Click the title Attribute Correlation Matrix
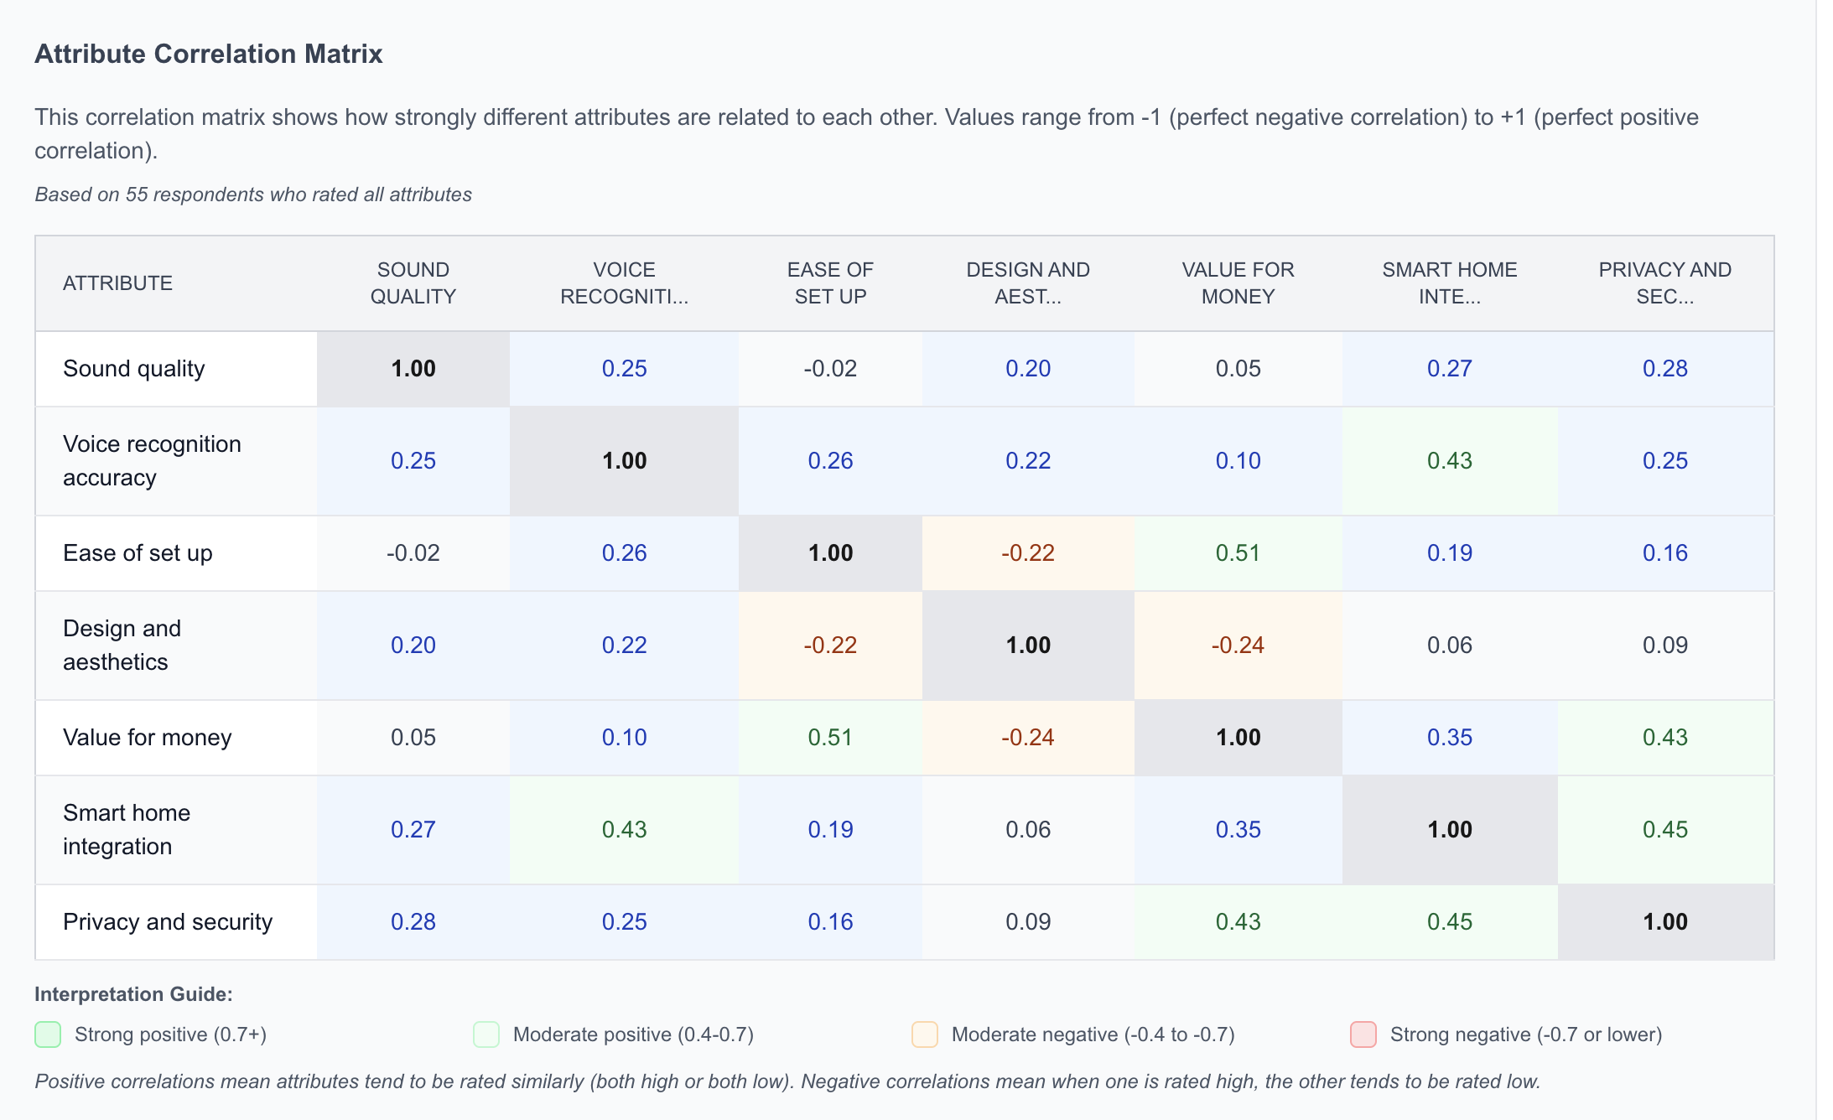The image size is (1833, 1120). (208, 54)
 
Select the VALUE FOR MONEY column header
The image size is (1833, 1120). (1238, 283)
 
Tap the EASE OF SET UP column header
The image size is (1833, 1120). (830, 283)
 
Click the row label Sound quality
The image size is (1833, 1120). (134, 369)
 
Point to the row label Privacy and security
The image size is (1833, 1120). (168, 922)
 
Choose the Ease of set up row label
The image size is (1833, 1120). (138, 553)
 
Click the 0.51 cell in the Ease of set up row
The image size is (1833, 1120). (1238, 553)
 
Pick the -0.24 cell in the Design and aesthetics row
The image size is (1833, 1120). (1238, 646)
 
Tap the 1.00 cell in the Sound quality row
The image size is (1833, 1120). (413, 369)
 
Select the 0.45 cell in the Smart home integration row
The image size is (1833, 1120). (1664, 830)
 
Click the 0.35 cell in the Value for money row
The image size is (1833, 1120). (1449, 738)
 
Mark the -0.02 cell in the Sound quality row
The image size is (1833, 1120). (830, 369)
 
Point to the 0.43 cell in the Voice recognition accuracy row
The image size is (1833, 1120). (1449, 461)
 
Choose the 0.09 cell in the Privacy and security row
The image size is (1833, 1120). (1028, 922)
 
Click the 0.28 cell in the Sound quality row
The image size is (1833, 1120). (1664, 369)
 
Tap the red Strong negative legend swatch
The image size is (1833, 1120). (1363, 1034)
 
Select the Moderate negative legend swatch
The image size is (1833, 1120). (925, 1034)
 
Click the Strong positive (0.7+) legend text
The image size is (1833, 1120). (170, 1034)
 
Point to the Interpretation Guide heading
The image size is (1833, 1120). (133, 994)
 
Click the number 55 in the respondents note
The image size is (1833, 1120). (137, 194)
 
